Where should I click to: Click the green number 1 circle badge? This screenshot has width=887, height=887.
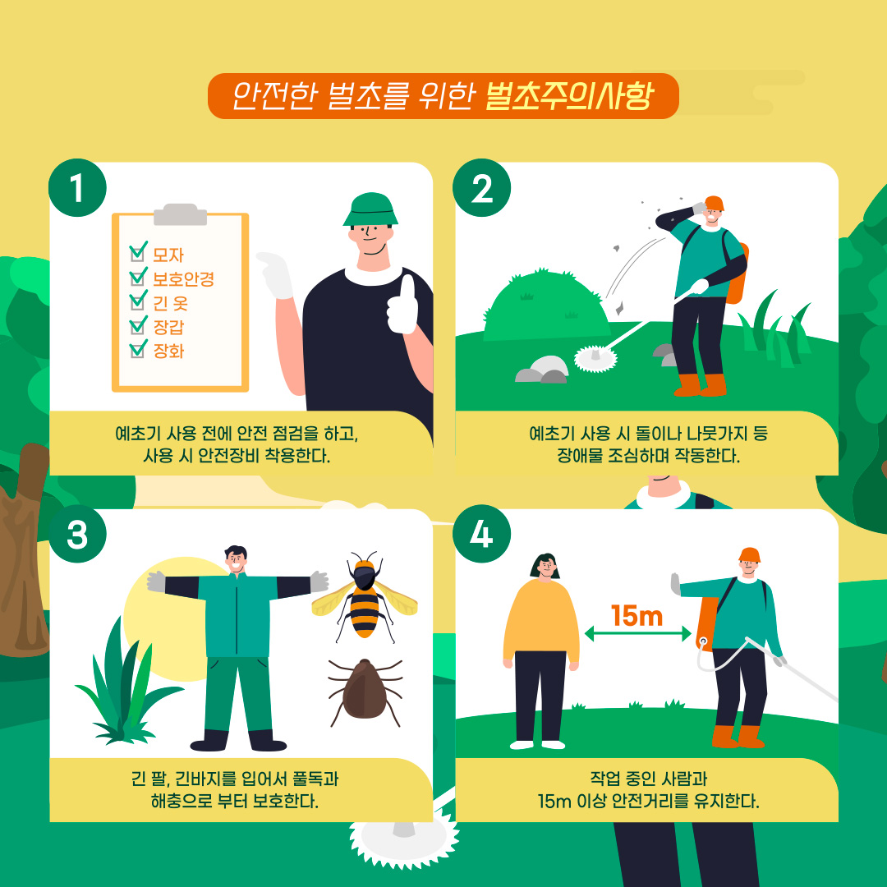coord(77,188)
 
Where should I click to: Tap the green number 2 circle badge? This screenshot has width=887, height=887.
coord(481,188)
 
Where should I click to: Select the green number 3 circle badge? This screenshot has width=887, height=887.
coord(77,534)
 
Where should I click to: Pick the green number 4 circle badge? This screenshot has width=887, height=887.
coord(481,534)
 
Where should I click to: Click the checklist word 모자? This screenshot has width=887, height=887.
coord(168,255)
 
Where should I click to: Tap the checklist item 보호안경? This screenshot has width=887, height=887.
coord(183,279)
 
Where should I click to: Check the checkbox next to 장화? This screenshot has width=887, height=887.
coord(137,350)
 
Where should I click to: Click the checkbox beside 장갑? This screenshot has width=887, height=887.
coord(137,325)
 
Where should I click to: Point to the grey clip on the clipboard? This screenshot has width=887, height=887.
coord(180,214)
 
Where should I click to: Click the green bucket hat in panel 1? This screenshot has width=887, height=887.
coord(370,210)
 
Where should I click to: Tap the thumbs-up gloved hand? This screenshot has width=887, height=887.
coord(402,306)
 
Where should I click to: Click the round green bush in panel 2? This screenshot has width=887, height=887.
coord(545,306)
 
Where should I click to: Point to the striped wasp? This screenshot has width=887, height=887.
coord(365,597)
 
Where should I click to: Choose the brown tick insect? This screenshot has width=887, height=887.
coord(365,692)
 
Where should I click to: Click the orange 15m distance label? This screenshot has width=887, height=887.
coord(637,616)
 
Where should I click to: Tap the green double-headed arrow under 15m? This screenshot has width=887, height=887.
coord(637,633)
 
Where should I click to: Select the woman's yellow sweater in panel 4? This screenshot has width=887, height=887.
coord(540,621)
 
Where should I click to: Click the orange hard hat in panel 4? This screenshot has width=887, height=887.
coord(750,555)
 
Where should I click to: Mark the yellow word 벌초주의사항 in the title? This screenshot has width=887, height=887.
coord(569,96)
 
